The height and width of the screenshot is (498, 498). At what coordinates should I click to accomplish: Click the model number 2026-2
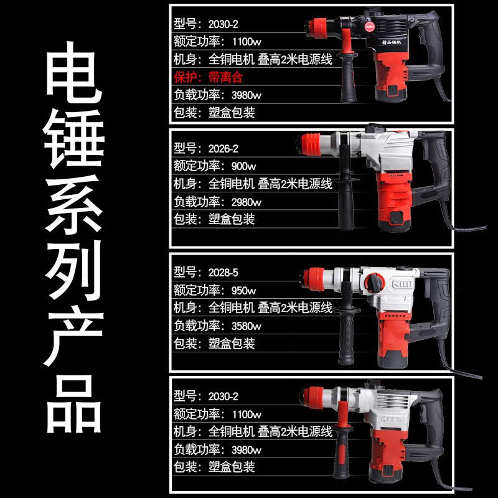(223, 148)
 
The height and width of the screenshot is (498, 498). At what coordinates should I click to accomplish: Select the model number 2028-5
(223, 273)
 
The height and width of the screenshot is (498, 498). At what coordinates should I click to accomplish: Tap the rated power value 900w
(243, 166)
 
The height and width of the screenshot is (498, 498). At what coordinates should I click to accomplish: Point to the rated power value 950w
(243, 290)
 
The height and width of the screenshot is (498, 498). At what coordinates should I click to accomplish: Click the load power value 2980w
(247, 202)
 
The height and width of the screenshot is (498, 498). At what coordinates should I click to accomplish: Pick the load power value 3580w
(247, 326)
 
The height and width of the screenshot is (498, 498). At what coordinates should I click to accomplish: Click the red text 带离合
(226, 77)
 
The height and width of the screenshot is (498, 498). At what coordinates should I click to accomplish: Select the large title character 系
(74, 205)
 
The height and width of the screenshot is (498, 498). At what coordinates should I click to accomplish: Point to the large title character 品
(74, 404)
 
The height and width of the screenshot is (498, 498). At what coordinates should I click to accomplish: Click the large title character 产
(74, 337)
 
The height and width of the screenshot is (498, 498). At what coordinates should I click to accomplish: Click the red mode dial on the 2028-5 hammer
(374, 282)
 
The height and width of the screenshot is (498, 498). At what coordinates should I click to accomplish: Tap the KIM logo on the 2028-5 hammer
(402, 284)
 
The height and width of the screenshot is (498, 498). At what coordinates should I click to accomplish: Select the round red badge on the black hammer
(370, 27)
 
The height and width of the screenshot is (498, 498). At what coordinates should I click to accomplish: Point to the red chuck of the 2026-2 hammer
(309, 144)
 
